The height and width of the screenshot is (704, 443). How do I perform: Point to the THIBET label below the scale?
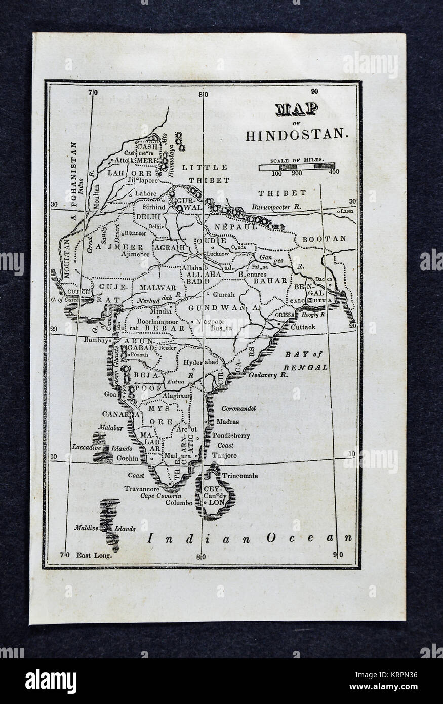tap(282, 193)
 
